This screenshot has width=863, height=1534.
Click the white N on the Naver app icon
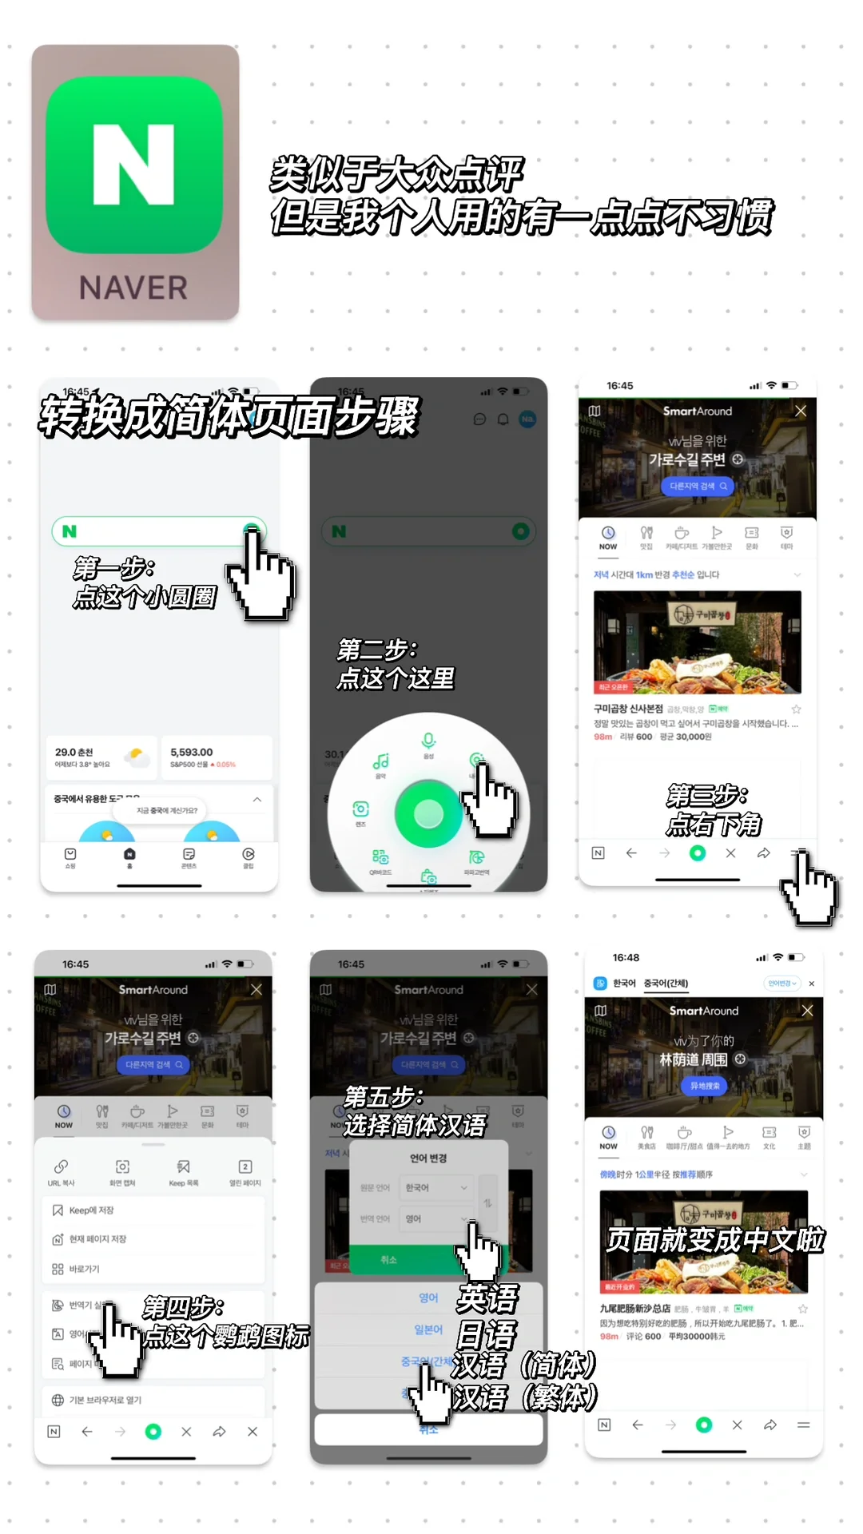(x=134, y=165)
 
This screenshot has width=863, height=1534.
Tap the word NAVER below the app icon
(x=134, y=288)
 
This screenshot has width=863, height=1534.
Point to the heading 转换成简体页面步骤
(x=230, y=416)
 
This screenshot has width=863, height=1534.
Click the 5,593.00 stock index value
(x=192, y=752)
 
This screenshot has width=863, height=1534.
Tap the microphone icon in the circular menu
(x=429, y=741)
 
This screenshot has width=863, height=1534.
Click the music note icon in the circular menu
(x=381, y=762)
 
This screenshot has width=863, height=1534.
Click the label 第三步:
(x=707, y=796)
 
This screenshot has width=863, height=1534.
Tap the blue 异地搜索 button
(x=704, y=1086)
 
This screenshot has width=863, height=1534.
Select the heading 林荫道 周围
(x=694, y=1059)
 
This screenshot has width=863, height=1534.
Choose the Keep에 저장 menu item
(x=91, y=1210)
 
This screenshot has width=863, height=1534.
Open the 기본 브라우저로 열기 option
(x=105, y=1400)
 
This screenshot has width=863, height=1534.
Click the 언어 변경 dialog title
(x=428, y=1158)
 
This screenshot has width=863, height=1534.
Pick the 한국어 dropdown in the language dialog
(x=436, y=1188)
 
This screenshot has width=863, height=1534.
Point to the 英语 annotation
(x=487, y=1299)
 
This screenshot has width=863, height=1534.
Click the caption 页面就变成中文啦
(x=715, y=1240)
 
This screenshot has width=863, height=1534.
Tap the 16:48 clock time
(x=626, y=957)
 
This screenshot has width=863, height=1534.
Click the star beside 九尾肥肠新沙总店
(x=803, y=1309)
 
